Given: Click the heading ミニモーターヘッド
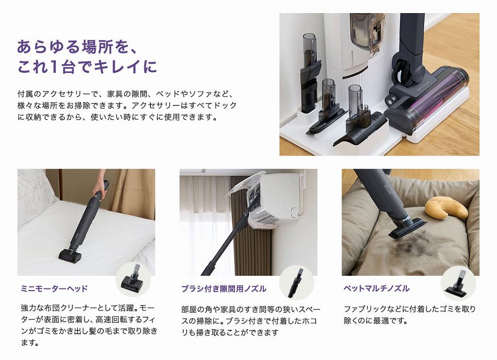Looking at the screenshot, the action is click(x=54, y=288).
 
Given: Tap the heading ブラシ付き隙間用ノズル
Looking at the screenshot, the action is click(x=224, y=288).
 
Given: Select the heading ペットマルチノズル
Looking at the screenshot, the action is click(x=377, y=288).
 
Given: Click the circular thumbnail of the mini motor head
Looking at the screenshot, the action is click(x=133, y=279).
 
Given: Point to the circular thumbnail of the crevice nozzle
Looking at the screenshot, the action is click(x=297, y=283).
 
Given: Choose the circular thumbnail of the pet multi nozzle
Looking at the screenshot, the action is click(x=458, y=283).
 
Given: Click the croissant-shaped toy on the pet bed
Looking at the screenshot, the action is click(x=446, y=208).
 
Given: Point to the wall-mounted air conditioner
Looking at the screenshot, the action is click(x=274, y=199).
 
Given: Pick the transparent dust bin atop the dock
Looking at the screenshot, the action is click(x=367, y=33).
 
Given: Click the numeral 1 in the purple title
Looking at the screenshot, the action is click(x=54, y=67).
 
